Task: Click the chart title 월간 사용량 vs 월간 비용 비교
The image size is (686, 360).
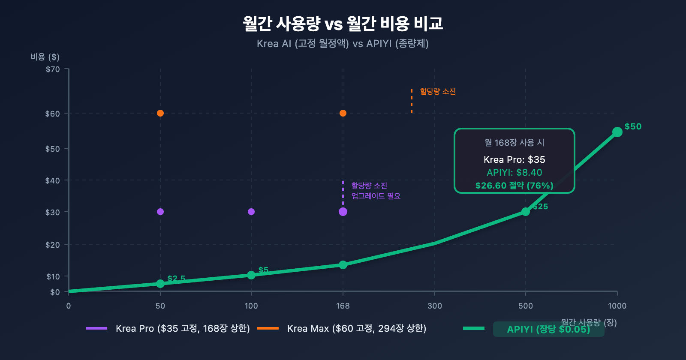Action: (343, 24)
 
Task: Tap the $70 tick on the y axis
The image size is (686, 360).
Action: (53, 69)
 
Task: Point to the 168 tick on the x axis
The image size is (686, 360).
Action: (343, 306)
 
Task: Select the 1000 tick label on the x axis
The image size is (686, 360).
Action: (617, 306)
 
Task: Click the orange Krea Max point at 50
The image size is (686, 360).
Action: (160, 113)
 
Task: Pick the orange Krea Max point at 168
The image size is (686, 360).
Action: (343, 113)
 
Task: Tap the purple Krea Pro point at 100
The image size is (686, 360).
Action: (251, 212)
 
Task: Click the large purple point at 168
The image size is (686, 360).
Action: (343, 212)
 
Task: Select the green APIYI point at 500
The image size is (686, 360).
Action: (526, 212)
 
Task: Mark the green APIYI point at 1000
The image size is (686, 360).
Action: (617, 132)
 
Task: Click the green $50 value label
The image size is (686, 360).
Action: (633, 126)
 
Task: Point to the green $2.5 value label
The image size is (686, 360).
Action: (176, 279)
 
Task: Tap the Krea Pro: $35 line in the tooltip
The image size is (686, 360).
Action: (514, 159)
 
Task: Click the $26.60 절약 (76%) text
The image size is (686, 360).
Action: (514, 186)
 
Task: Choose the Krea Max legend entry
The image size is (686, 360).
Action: (356, 328)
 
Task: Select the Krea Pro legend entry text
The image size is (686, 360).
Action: (183, 328)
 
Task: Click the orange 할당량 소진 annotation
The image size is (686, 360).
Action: (438, 91)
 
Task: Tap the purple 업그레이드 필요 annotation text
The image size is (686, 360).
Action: (376, 196)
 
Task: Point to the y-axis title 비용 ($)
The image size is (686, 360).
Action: (45, 57)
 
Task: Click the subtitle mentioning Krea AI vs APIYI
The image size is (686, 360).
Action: (343, 44)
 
